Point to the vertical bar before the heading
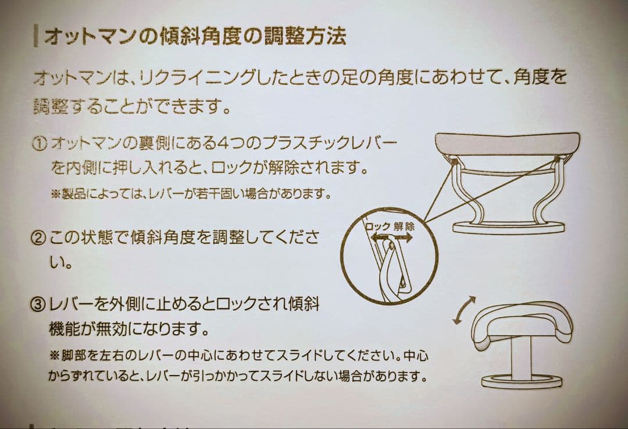(x=37, y=37)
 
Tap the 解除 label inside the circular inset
(x=404, y=226)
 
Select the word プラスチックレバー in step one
(x=330, y=143)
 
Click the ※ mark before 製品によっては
(x=56, y=193)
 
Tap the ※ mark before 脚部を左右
(x=56, y=354)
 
